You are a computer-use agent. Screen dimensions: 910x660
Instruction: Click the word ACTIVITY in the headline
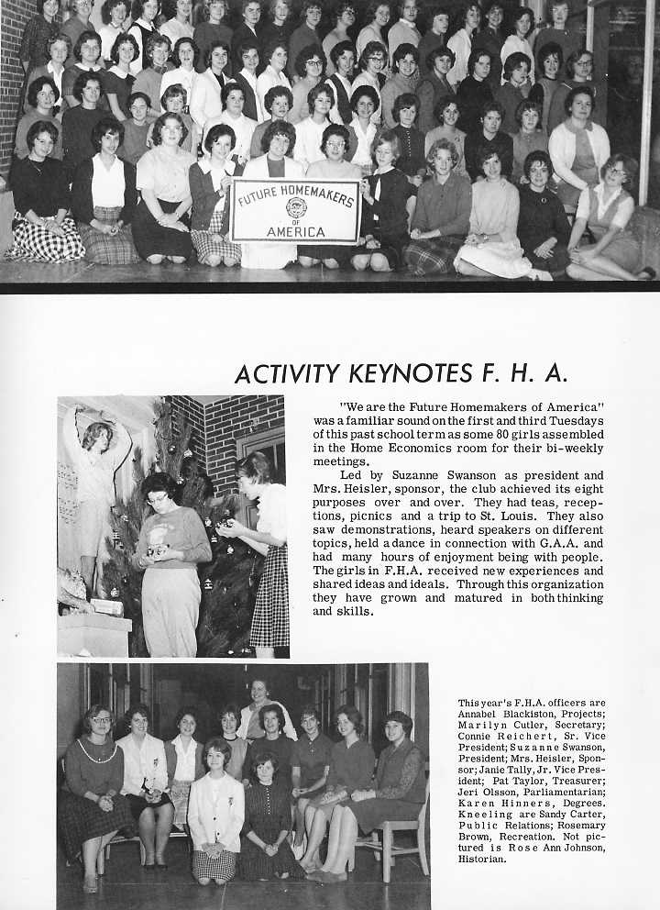pyautogui.click(x=285, y=374)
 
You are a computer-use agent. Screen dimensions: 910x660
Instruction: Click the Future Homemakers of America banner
pyautogui.click(x=294, y=211)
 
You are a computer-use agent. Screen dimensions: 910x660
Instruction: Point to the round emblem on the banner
pyautogui.click(x=295, y=207)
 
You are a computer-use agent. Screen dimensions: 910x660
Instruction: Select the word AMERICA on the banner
pyautogui.click(x=295, y=231)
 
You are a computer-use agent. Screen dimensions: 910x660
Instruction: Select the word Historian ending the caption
pyautogui.click(x=482, y=860)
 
